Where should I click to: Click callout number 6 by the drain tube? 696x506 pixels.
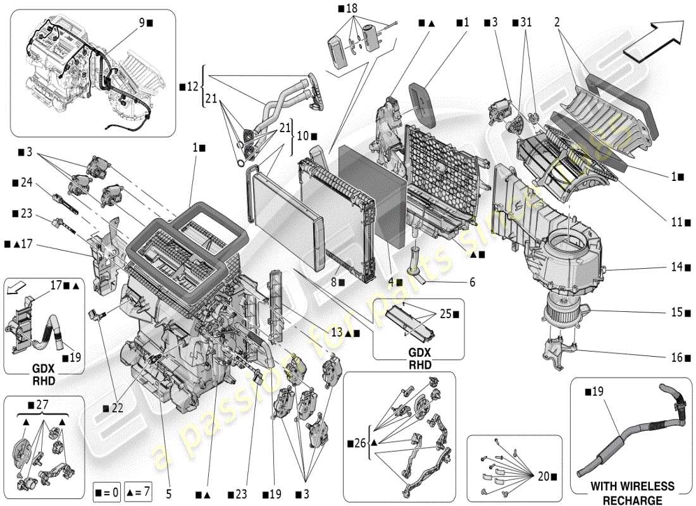pos(472,282)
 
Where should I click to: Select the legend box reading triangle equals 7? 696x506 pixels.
pos(137,491)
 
